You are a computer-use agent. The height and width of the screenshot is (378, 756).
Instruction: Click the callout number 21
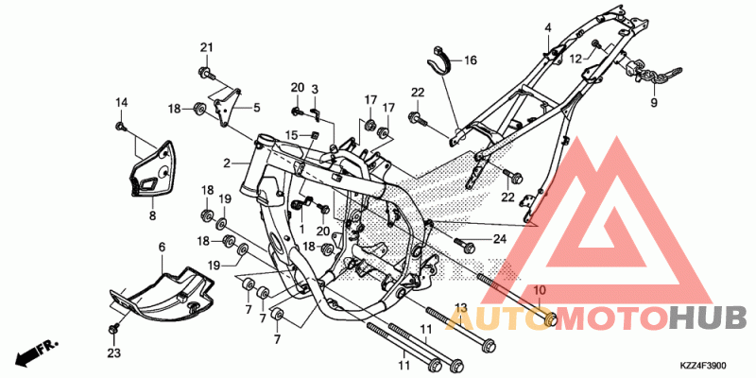pos(206,47)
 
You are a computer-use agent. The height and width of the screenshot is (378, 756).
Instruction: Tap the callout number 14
pos(121,102)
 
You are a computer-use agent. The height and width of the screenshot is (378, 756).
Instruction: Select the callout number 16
pos(470,60)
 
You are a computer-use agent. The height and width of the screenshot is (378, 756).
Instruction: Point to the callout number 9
pos(654,103)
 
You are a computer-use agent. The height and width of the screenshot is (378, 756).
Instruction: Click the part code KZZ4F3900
pos(704,366)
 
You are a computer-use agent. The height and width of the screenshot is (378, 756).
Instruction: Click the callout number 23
pos(113,353)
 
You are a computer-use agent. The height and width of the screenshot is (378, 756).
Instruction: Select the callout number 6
pos(162,248)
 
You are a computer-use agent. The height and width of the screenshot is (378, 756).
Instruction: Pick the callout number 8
pos(152,216)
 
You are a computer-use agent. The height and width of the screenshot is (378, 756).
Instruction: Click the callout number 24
pos(500,239)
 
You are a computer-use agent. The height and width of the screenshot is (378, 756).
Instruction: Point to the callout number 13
pos(461,307)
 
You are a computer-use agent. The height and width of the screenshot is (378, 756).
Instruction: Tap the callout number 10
pos(540,290)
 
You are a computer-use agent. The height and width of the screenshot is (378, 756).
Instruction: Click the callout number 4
pos(548,27)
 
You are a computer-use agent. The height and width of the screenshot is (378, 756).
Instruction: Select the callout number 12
pos(576,59)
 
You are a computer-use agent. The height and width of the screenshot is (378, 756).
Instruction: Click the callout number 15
pos(291,134)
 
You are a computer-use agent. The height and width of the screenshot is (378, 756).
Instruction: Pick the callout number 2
pos(227,163)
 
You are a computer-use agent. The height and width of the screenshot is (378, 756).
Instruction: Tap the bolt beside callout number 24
pos(465,245)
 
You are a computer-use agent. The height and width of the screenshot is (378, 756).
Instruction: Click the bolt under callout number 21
pos(206,74)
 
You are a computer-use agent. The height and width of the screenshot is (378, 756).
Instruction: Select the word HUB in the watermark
pos(712,319)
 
